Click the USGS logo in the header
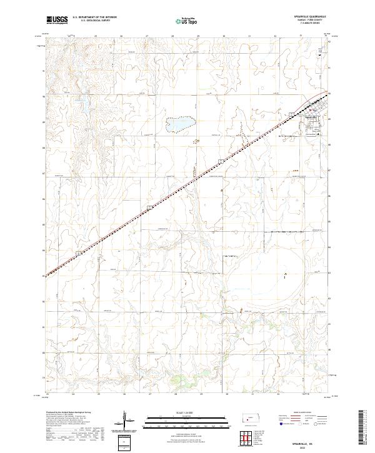(x=57, y=20)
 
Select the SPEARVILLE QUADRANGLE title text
(x=307, y=17)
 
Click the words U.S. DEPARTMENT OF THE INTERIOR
(x=94, y=17)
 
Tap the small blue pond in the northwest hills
(x=79, y=99)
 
